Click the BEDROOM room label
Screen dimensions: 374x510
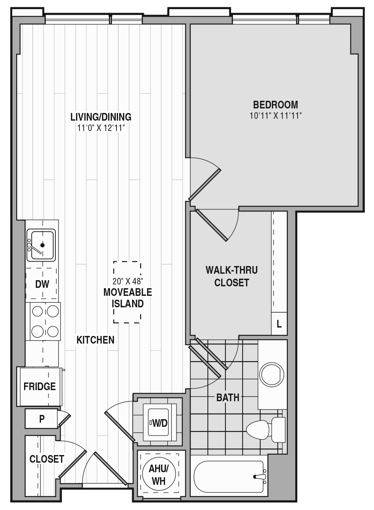click(x=275, y=105)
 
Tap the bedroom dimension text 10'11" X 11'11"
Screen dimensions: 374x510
click(x=275, y=116)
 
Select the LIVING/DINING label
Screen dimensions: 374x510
click(x=101, y=117)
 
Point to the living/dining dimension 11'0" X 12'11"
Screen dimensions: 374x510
click(x=101, y=128)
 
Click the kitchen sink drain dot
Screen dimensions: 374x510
click(x=42, y=245)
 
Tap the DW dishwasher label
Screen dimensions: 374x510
click(x=42, y=284)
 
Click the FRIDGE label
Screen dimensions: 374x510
click(x=40, y=386)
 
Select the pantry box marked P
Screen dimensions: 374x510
click(x=41, y=418)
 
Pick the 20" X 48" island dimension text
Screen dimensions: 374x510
click(x=128, y=281)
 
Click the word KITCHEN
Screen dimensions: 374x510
click(x=95, y=340)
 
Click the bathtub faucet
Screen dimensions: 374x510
click(x=259, y=476)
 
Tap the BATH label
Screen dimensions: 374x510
click(x=228, y=397)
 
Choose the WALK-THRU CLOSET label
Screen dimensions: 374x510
click(x=232, y=276)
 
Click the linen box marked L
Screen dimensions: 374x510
click(x=279, y=324)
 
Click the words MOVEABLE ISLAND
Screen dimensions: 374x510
click(x=128, y=298)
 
